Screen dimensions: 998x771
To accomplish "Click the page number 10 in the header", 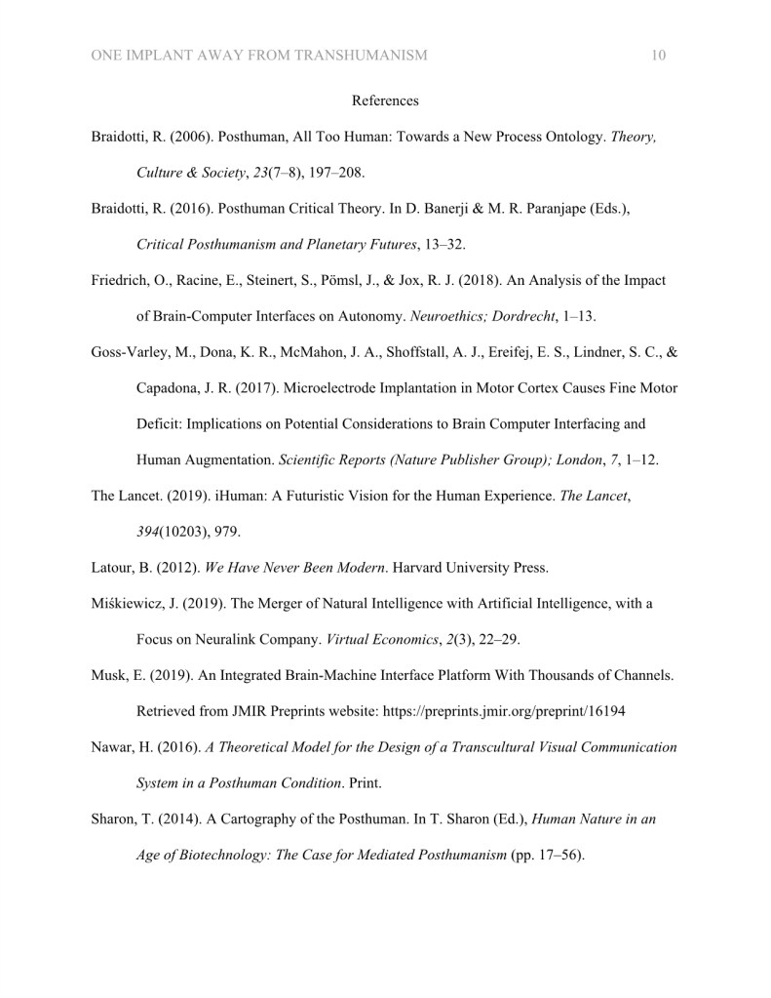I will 658,56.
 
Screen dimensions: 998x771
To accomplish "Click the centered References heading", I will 385,100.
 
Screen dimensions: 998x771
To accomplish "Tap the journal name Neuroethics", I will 450,317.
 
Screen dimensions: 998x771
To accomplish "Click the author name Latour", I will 114,568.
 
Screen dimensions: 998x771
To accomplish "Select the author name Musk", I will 109,676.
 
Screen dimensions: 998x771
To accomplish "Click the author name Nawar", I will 113,747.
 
